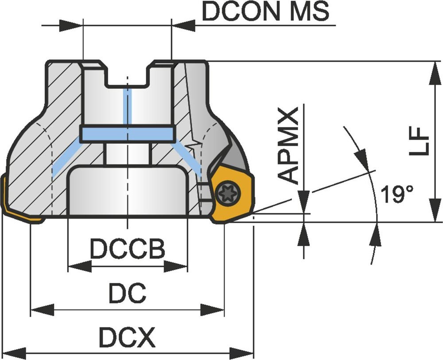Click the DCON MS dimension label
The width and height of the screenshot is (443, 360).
[266, 12]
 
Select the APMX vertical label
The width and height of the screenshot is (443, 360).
[291, 146]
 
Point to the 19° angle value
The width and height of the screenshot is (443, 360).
[397, 194]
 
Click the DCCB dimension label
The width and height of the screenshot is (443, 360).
[127, 250]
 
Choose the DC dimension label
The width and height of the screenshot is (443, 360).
[127, 294]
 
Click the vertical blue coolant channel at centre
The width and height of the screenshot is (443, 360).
[127, 106]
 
